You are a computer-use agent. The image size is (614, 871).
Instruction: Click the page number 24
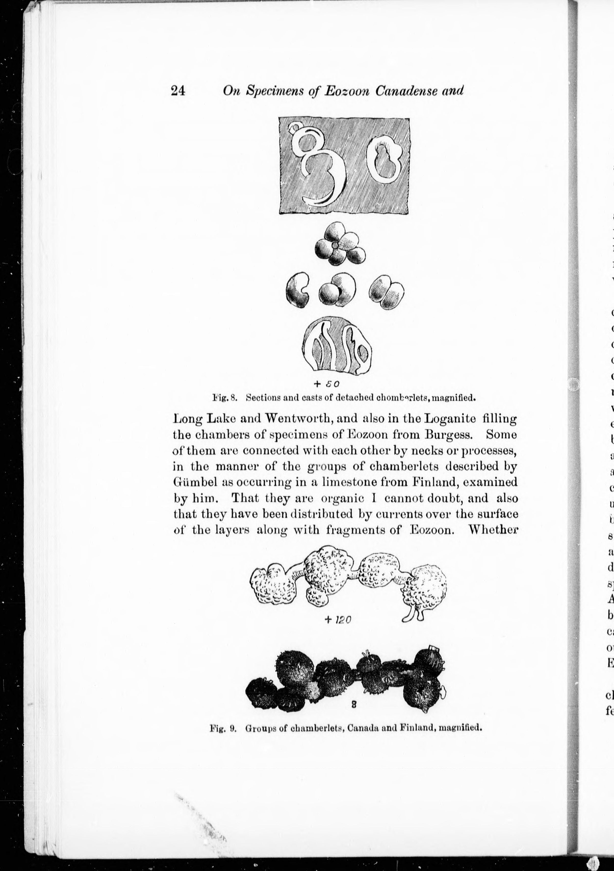click(x=178, y=91)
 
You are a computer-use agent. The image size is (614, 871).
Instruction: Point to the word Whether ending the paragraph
click(x=493, y=530)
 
